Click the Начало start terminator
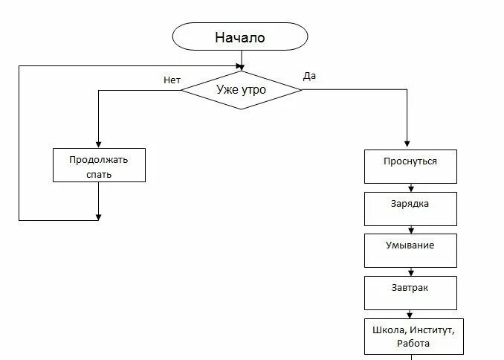tap(240, 37)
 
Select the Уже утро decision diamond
tap(241, 90)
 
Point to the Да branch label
tap(310, 76)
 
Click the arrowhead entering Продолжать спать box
tap(98, 144)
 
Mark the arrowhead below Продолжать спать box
tap(98, 217)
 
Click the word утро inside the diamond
tap(252, 90)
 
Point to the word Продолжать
tap(98, 158)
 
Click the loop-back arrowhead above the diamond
tap(239, 65)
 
